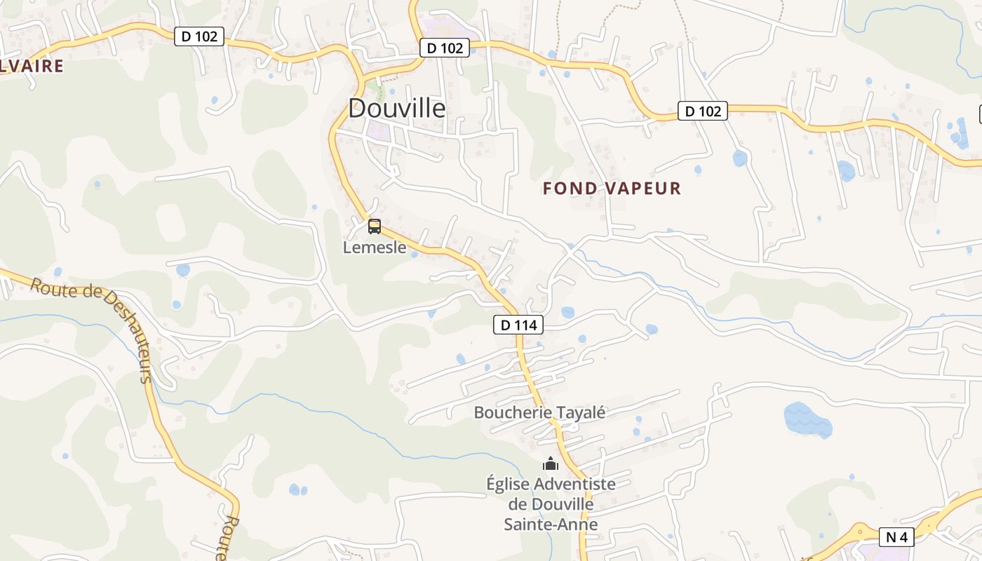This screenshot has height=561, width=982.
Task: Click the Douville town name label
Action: point(396,108)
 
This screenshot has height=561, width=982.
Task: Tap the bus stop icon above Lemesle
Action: point(375,226)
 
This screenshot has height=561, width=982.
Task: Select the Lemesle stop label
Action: point(375,248)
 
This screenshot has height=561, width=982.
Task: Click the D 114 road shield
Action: point(518,325)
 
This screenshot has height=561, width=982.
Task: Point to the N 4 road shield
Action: point(896,537)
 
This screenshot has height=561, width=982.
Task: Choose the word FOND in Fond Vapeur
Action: point(570,188)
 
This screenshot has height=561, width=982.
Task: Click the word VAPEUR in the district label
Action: point(643,188)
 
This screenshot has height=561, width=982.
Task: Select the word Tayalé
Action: point(580,412)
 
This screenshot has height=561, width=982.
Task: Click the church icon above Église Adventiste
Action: point(551,464)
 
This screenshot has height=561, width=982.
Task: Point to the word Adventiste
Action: point(574,484)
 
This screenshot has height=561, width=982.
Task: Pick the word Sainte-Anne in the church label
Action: point(551,524)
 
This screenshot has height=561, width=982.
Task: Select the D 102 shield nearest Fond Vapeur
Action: point(702,111)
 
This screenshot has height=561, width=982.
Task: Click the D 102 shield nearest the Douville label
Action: point(445,48)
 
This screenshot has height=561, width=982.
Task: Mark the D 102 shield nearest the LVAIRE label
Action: point(199,36)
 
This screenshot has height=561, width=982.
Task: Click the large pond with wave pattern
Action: point(807,419)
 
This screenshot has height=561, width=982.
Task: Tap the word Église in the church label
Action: point(508,484)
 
